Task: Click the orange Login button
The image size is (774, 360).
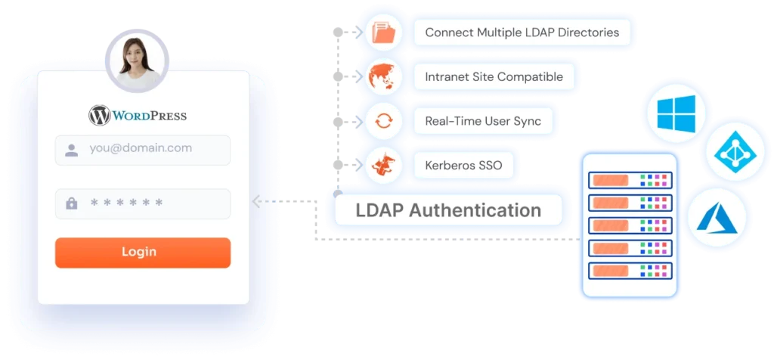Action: (x=143, y=253)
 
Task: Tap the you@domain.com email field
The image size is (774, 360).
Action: (x=143, y=150)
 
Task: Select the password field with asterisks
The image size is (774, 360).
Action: (x=143, y=203)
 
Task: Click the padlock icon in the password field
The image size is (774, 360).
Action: (x=72, y=203)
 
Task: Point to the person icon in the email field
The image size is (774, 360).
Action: (x=72, y=150)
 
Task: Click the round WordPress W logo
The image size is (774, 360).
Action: (x=99, y=116)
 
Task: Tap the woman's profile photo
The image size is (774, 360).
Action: (x=138, y=61)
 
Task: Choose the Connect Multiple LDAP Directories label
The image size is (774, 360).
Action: (x=522, y=33)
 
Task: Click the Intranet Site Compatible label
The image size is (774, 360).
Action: (x=494, y=76)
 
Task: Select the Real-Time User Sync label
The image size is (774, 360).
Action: (x=483, y=121)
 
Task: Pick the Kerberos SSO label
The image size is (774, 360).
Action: (x=463, y=165)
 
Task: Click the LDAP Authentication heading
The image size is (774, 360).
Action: (x=448, y=210)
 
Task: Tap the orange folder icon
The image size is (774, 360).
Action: (x=383, y=33)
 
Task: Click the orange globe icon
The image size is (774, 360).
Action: (x=383, y=76)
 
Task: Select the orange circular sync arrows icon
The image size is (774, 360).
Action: (x=383, y=121)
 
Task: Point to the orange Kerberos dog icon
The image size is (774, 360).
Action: (x=383, y=165)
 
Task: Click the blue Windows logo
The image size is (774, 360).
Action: (x=676, y=113)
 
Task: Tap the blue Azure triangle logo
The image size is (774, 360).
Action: (x=717, y=218)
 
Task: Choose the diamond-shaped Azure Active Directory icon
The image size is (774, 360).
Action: (x=735, y=151)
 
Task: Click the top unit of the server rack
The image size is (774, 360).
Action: (x=630, y=180)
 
